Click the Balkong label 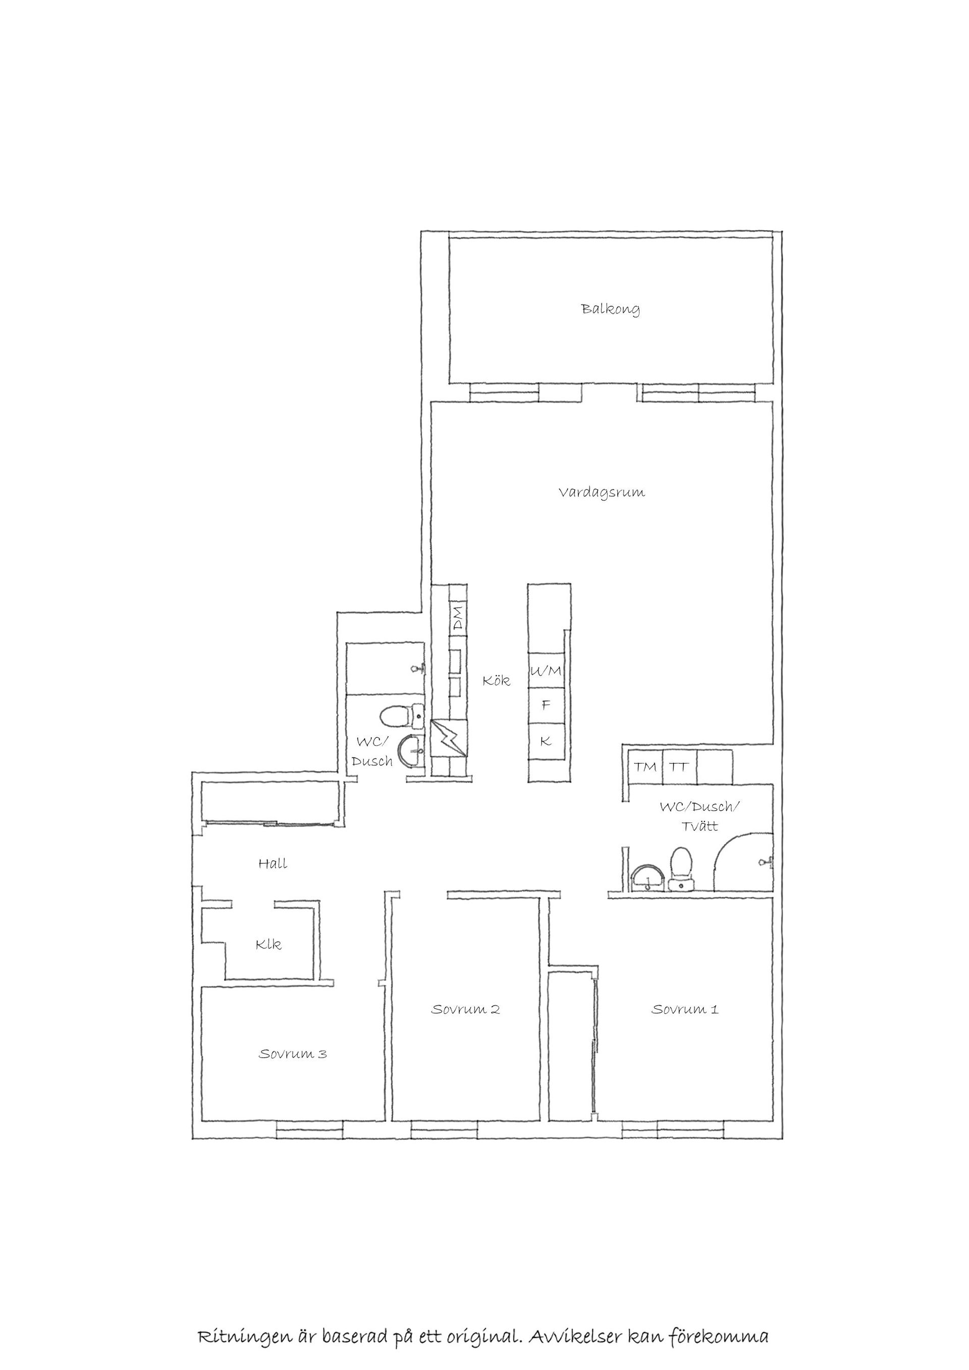[610, 309]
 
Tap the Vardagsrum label [602, 492]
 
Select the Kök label [497, 680]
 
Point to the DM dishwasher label [458, 618]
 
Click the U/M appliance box [546, 671]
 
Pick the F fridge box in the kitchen [546, 705]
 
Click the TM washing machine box [645, 767]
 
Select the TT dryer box [679, 767]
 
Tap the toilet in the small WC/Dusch [402, 716]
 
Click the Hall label [273, 863]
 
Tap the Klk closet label [268, 945]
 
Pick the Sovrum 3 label [293, 1054]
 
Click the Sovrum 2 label [465, 1009]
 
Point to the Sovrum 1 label [685, 1009]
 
